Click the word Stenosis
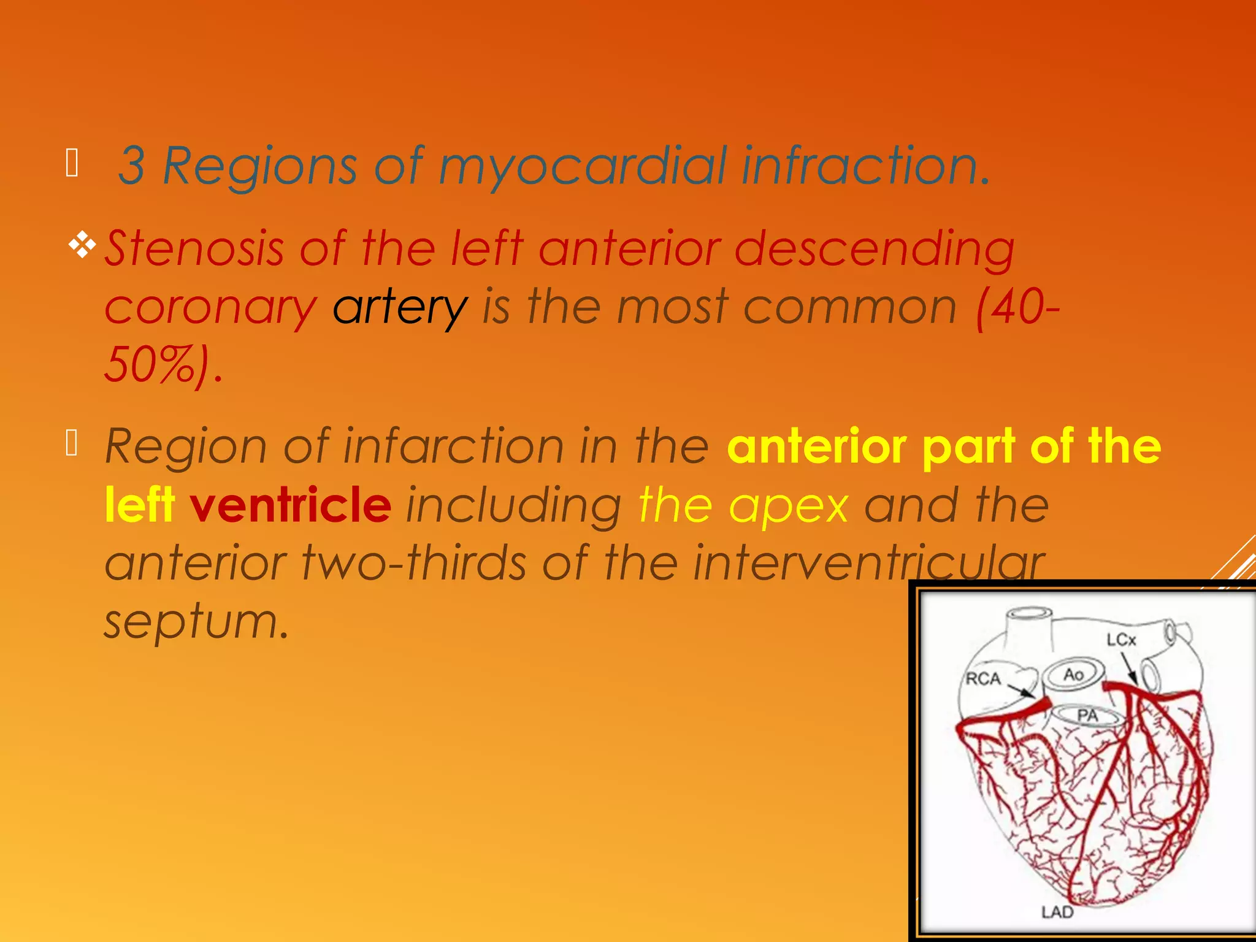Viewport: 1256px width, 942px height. click(194, 248)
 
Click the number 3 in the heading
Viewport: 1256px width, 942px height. click(132, 166)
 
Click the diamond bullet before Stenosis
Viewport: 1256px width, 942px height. click(82, 245)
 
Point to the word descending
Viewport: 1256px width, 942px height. click(875, 248)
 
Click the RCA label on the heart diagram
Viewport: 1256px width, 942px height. click(983, 679)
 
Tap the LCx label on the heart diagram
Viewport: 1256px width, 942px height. click(1121, 640)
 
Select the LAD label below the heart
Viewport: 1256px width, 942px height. click(1057, 912)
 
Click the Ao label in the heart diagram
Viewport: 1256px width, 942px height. click(1073, 675)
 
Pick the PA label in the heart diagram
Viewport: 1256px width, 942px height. click(1087, 715)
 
